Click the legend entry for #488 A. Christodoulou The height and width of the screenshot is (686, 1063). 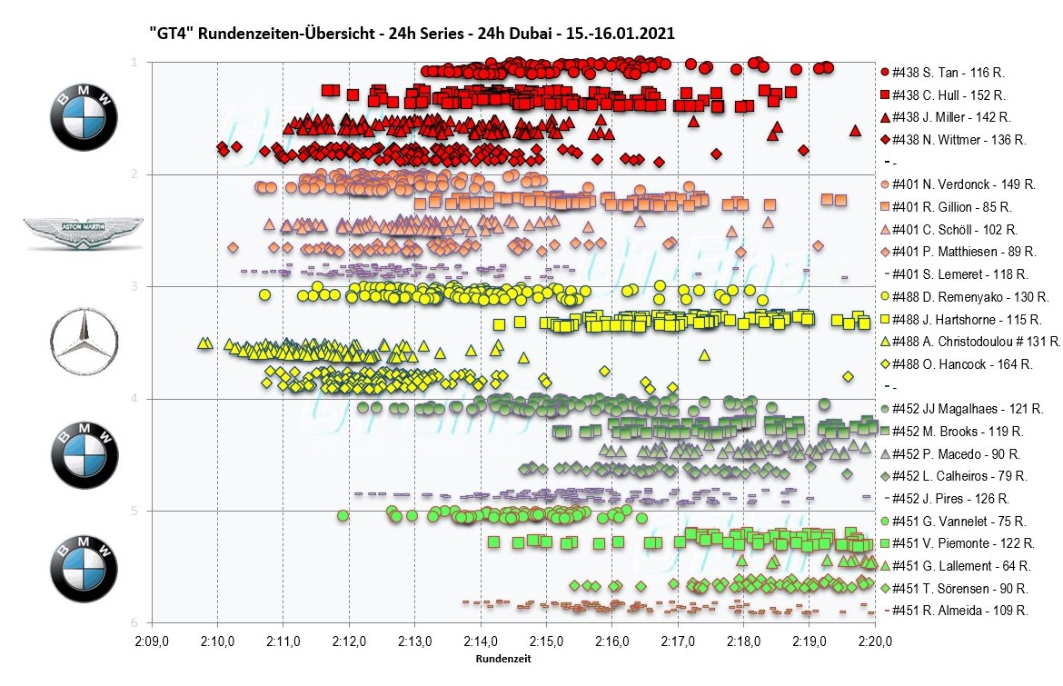[969, 341]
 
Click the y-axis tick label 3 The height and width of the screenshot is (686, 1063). [134, 286]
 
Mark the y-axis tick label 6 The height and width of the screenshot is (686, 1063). [134, 622]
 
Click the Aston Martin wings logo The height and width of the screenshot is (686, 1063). [83, 233]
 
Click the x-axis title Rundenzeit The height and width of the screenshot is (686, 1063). [504, 660]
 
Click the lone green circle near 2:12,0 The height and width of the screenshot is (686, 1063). [343, 515]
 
